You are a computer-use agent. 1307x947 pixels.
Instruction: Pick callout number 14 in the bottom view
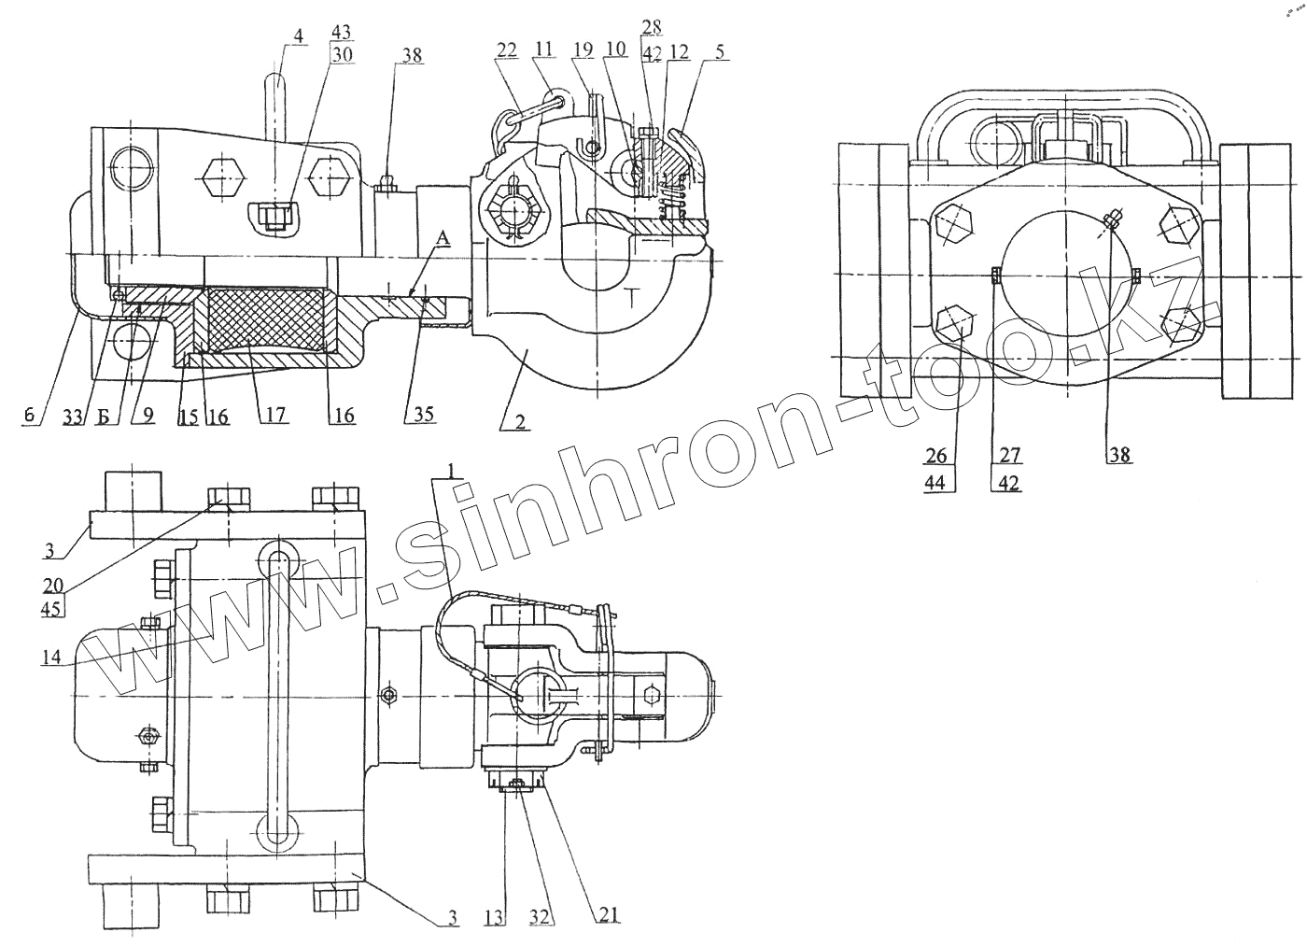coord(51,657)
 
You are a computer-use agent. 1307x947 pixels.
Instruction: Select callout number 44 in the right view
coord(936,483)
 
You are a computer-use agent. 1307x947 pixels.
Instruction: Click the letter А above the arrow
coord(443,240)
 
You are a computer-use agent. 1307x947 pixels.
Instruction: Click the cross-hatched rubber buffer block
coord(265,318)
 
